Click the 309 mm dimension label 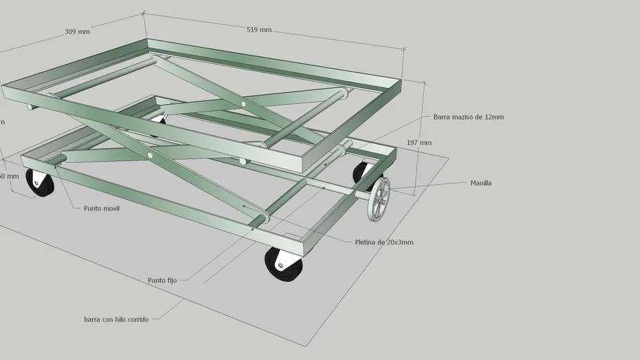[77, 32]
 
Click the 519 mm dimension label [259, 30]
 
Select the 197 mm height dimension [419, 143]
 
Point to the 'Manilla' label [481, 184]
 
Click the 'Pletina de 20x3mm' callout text [384, 243]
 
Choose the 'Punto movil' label [101, 209]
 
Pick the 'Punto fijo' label [162, 280]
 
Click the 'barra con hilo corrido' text [116, 319]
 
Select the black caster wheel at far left [40, 182]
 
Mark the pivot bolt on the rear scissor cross [243, 104]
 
